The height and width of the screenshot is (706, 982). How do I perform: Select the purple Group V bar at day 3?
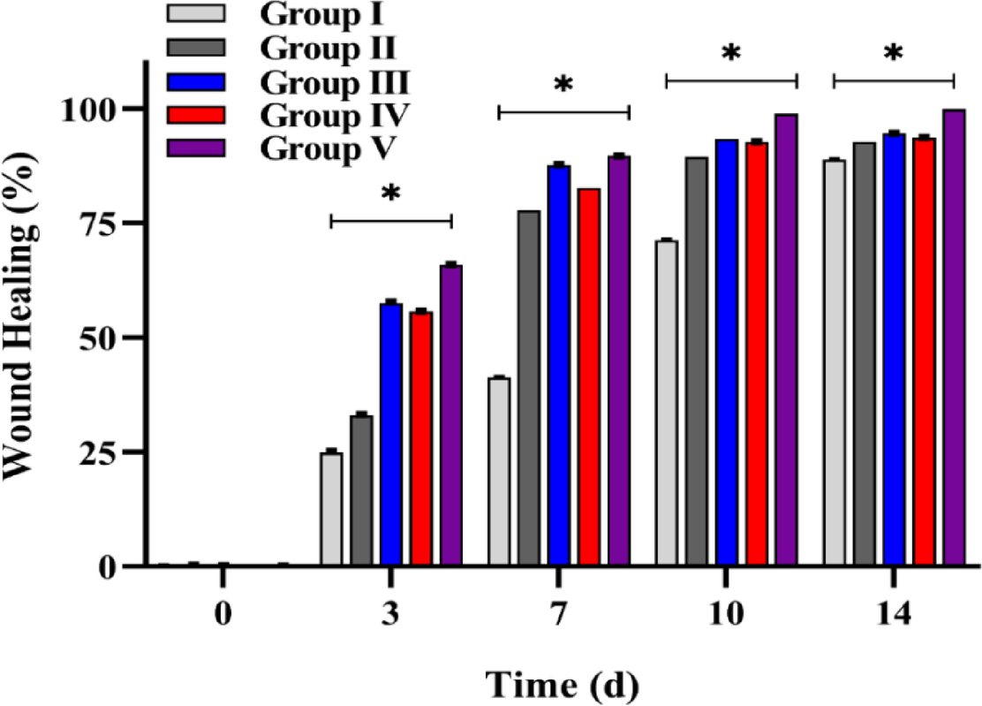[x=451, y=415]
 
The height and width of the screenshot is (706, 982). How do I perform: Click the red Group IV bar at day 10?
[x=756, y=353]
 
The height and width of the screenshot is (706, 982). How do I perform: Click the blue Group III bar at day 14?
[x=895, y=349]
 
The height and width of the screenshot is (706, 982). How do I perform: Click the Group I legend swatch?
[x=198, y=13]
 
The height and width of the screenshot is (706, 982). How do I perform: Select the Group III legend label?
[x=335, y=83]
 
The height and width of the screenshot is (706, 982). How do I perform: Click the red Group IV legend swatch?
[x=198, y=115]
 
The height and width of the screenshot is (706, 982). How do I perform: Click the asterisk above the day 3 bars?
[x=390, y=196]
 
